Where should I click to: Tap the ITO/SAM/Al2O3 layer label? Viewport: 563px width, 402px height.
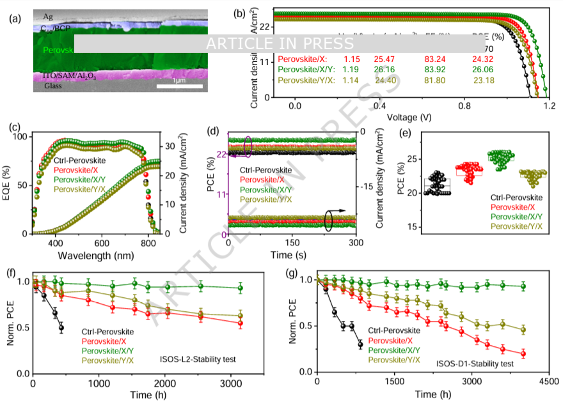[71, 76]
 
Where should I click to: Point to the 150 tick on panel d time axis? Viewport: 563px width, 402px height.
[292, 244]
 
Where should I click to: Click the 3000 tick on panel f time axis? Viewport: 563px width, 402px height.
[230, 383]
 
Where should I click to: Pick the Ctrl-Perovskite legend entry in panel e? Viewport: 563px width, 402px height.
[516, 198]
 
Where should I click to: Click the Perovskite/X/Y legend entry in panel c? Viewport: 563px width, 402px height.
[82, 180]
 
